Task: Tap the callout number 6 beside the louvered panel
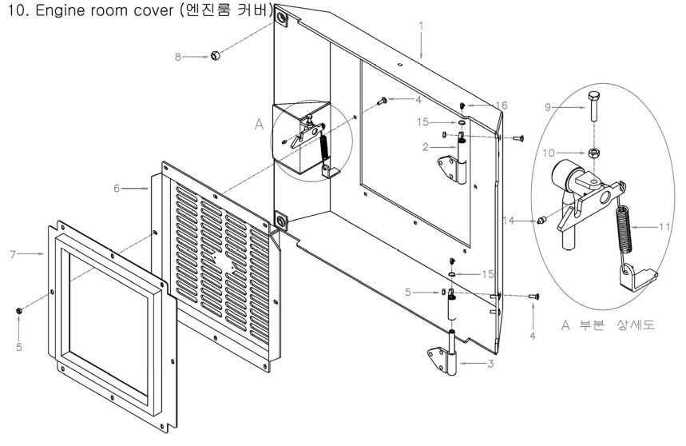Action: [116, 187]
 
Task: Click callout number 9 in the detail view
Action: [549, 106]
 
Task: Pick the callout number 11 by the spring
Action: [664, 227]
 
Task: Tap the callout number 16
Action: [501, 105]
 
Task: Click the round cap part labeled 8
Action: [215, 56]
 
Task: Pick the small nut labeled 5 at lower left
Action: [18, 309]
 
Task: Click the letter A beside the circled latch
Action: [258, 125]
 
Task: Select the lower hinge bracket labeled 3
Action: [448, 358]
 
